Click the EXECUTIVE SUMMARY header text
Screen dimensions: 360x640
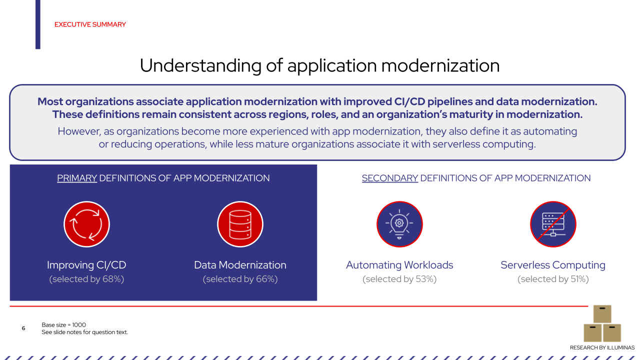pyautogui.click(x=90, y=24)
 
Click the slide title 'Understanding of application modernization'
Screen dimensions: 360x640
pyautogui.click(x=319, y=65)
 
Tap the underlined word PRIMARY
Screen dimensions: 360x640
pyautogui.click(x=77, y=178)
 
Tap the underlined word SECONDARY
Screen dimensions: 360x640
pyautogui.click(x=390, y=178)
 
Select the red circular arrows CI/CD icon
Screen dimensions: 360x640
pyautogui.click(x=86, y=224)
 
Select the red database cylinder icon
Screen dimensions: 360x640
pyautogui.click(x=240, y=224)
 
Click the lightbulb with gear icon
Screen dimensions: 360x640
pyautogui.click(x=399, y=224)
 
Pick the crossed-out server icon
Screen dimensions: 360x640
pyautogui.click(x=553, y=224)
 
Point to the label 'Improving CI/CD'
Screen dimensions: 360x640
pyautogui.click(x=86, y=265)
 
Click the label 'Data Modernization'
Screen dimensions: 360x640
pyautogui.click(x=240, y=265)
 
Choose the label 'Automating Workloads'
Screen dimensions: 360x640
pyautogui.click(x=399, y=265)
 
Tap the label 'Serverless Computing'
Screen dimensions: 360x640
pyautogui.click(x=553, y=265)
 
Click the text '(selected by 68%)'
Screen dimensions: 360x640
pyautogui.click(x=86, y=279)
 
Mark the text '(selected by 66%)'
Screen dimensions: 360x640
pyautogui.click(x=240, y=279)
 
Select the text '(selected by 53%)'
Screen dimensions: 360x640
pyautogui.click(x=399, y=279)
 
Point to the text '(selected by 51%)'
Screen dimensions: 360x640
pyautogui.click(x=553, y=279)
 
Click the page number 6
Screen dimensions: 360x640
pyautogui.click(x=23, y=328)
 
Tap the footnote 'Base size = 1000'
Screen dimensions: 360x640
pyautogui.click(x=64, y=325)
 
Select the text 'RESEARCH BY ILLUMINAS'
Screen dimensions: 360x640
pyautogui.click(x=602, y=347)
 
